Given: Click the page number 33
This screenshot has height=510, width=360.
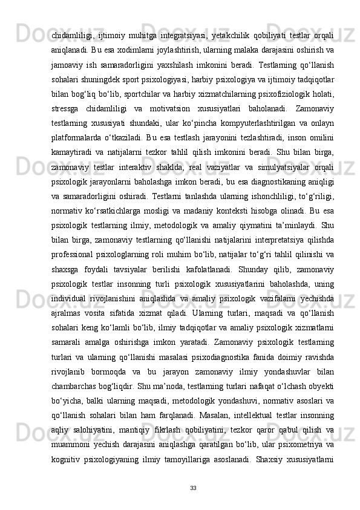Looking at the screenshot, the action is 192,487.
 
